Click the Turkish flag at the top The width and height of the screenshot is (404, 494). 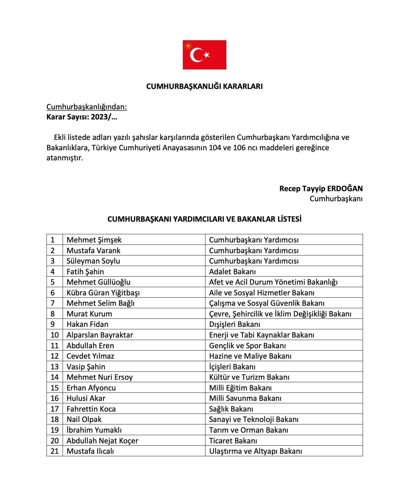tap(204, 55)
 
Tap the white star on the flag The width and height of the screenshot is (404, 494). tap(207, 55)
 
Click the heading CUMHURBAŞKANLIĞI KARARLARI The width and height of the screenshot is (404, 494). tap(204, 86)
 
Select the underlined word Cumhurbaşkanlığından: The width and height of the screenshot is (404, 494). tap(86, 107)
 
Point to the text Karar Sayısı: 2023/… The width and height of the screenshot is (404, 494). tap(82, 117)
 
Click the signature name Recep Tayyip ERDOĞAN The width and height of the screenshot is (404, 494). tap(321, 189)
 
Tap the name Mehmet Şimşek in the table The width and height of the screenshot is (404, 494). tap(94, 240)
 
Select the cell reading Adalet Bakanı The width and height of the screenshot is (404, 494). tap(232, 271)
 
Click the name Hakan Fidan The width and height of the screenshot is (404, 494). tap(87, 324)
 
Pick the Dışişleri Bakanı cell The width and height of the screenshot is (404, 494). tap(234, 324)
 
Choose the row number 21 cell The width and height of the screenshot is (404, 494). tap(55, 451)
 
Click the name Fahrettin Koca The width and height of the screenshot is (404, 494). tap(91, 409)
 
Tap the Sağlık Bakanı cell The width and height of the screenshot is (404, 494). tap(231, 409)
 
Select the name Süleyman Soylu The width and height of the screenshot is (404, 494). tap(93, 261)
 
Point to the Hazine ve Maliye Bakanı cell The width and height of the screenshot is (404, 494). tap(250, 356)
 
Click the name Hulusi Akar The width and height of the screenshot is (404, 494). tap(86, 398)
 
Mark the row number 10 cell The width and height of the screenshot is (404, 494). tap(55, 335)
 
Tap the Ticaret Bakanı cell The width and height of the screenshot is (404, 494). tap(233, 440)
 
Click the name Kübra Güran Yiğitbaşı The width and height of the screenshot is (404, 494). tap(103, 292)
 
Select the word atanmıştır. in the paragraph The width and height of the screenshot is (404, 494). tap(65, 158)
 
